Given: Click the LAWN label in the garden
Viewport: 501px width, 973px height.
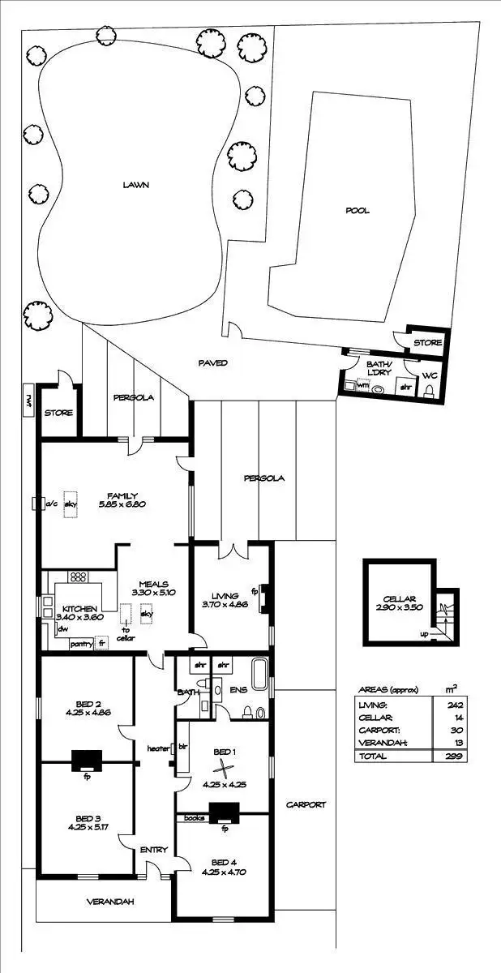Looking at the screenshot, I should tap(135, 185).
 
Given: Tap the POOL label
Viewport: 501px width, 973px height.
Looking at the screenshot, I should tap(358, 211).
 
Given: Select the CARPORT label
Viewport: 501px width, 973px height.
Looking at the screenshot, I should tap(306, 805).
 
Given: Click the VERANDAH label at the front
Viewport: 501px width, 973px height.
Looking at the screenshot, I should tap(111, 902).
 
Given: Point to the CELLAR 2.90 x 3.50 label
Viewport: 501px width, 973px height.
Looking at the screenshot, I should tap(398, 602).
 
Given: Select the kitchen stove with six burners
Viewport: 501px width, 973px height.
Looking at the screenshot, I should tap(79, 578).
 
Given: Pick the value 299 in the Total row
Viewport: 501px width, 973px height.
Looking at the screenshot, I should tap(443, 756).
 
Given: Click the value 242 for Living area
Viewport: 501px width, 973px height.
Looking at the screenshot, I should tap(443, 705).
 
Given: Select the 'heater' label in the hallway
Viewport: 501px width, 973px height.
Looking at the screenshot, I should tap(157, 748).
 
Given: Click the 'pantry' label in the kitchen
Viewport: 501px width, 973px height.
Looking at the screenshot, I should tap(80, 644).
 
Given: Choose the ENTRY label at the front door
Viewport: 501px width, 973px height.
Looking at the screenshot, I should tap(153, 850).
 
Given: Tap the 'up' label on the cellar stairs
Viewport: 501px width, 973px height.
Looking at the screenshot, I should tap(425, 634).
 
